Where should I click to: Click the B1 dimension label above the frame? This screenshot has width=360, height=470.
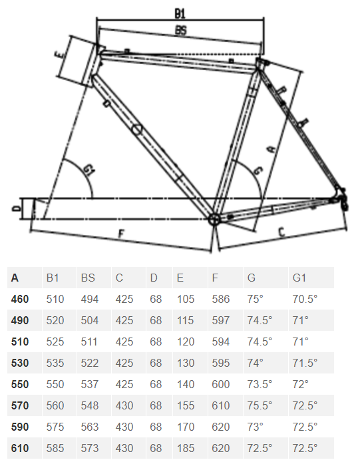pyautogui.click(x=180, y=13)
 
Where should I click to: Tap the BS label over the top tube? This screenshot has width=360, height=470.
pyautogui.click(x=180, y=30)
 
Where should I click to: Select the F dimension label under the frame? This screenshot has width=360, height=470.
pyautogui.click(x=121, y=234)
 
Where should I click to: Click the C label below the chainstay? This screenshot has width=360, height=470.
pyautogui.click(x=282, y=232)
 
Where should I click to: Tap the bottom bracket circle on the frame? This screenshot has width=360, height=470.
pyautogui.click(x=214, y=219)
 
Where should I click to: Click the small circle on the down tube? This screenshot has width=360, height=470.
pyautogui.click(x=136, y=130)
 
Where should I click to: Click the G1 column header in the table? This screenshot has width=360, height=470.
pyautogui.click(x=299, y=278)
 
